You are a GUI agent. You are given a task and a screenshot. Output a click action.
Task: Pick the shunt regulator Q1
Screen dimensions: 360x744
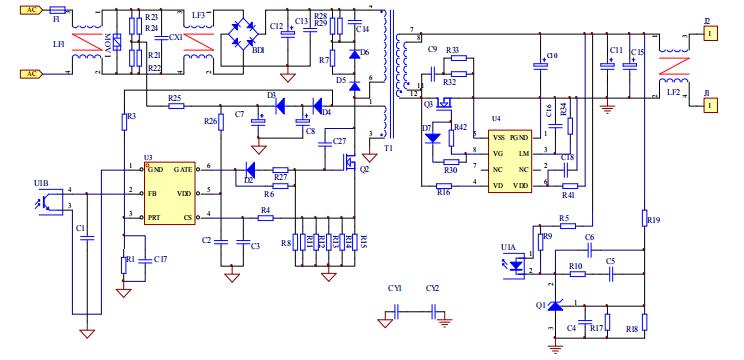coord(556,306)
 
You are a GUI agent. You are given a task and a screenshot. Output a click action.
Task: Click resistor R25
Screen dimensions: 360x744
coord(176,106)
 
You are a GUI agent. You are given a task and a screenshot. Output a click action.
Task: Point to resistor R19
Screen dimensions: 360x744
coord(646,219)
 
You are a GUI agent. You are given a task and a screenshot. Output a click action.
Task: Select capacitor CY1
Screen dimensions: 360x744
coord(395,313)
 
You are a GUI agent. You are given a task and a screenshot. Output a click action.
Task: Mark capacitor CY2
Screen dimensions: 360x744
coord(433,313)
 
